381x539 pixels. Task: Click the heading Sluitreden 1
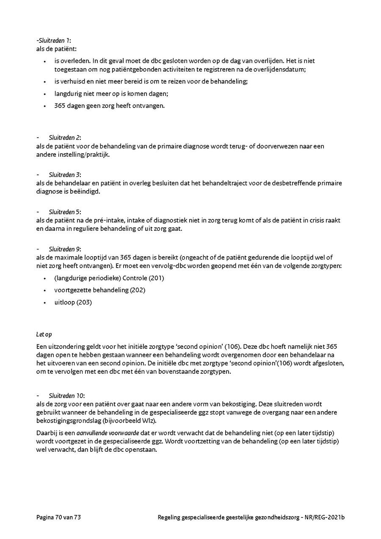pos(54,41)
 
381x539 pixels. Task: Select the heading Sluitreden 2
pos(64,138)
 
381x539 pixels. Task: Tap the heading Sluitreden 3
pos(64,174)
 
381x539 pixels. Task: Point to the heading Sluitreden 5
pos(64,212)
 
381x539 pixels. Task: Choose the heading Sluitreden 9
pos(64,249)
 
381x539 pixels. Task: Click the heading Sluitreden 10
pos(66,395)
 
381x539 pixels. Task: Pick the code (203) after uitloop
pos(84,302)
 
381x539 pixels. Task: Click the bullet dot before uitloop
pos(44,302)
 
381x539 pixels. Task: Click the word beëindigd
pos(87,192)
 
